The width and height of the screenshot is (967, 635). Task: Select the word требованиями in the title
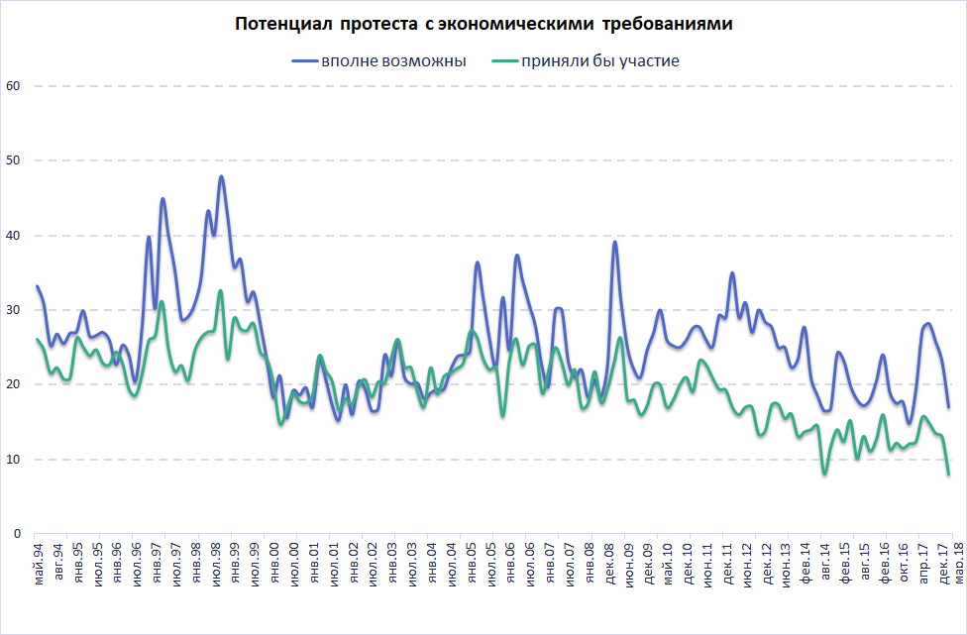(672, 24)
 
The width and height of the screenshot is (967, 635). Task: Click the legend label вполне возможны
(392, 61)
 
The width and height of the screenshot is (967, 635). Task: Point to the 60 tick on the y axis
(13, 86)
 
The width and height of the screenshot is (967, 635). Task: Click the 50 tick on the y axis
(13, 160)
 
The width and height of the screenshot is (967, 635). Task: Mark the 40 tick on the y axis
(13, 236)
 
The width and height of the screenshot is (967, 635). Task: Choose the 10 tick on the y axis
(13, 460)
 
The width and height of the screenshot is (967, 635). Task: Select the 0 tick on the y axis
(17, 534)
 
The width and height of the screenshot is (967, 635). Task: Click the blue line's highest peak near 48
(221, 176)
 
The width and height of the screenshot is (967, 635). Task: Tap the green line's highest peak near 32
(221, 291)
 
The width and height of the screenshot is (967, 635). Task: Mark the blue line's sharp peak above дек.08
(615, 242)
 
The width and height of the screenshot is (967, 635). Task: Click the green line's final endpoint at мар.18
(948, 475)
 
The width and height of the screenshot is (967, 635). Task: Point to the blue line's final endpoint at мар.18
(948, 407)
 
